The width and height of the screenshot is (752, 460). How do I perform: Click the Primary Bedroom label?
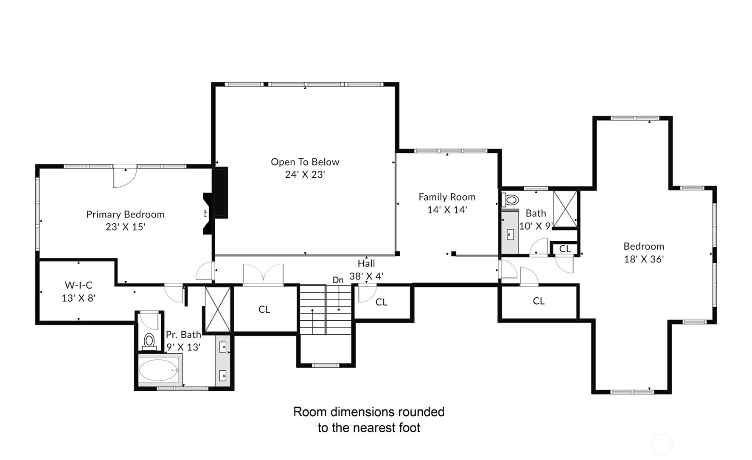(x=125, y=220)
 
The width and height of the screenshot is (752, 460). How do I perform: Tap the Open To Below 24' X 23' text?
(x=305, y=168)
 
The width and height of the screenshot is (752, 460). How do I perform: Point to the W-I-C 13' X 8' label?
(x=79, y=291)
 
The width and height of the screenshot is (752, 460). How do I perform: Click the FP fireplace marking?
(x=205, y=213)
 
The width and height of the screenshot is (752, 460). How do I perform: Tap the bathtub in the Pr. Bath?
(x=159, y=370)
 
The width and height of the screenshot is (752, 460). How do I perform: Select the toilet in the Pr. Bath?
(x=149, y=341)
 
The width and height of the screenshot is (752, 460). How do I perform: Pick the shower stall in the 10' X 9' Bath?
(x=565, y=209)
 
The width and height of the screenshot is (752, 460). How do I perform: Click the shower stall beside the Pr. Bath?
(x=218, y=309)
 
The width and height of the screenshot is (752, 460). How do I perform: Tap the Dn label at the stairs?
(x=338, y=280)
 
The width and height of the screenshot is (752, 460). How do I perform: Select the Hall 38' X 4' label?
(x=366, y=270)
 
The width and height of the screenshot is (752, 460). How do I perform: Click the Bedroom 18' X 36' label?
(x=644, y=253)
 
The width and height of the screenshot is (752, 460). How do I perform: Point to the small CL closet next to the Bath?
(x=565, y=248)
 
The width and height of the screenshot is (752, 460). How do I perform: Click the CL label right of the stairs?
(x=381, y=302)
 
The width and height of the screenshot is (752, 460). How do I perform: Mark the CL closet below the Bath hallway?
(x=539, y=301)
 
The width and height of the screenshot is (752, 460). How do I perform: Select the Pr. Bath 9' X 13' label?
(x=183, y=341)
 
